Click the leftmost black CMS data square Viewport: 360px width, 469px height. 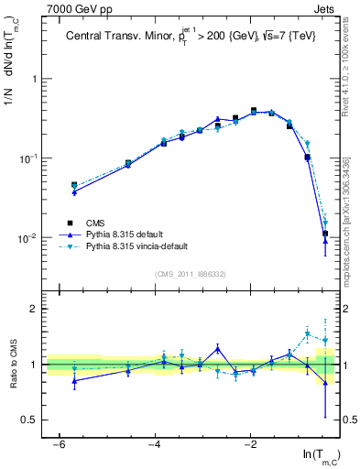[74, 185]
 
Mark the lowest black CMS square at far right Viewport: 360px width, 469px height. [325, 234]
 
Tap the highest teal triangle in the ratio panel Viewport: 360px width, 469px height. [308, 333]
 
